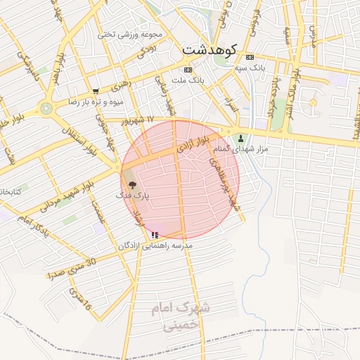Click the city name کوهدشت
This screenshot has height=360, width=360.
coord(210,50)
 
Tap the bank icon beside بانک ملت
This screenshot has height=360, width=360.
coord(187,70)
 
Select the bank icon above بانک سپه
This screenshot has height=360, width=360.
coord(250,57)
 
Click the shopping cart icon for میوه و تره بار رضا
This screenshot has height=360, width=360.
coord(96,91)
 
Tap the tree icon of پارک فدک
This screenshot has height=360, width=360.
coord(134,184)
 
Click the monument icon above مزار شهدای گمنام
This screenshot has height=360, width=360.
coord(242,138)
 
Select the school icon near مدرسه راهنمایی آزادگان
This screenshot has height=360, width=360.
coord(154,234)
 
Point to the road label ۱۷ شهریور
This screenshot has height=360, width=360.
coord(136,121)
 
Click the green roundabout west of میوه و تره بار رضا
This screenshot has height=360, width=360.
coord(46,109)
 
